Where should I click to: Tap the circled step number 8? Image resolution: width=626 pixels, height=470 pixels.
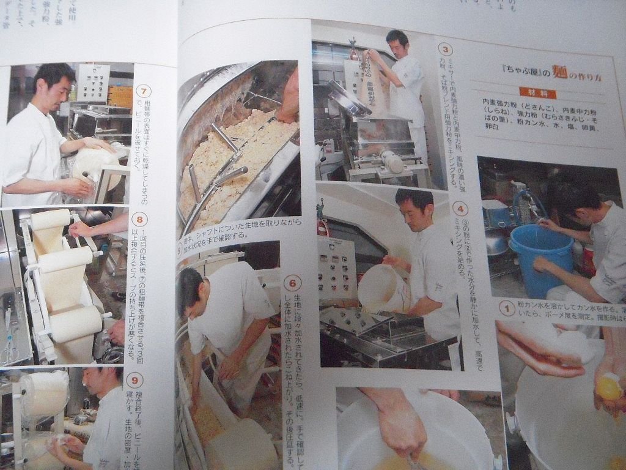[x=140, y=220]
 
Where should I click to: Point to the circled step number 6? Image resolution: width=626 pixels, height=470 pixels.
[x=293, y=283]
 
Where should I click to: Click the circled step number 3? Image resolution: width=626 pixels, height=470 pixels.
[x=447, y=50]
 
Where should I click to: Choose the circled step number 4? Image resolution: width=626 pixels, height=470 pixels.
[x=460, y=209]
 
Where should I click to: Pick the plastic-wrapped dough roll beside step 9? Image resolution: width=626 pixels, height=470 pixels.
[x=44, y=392]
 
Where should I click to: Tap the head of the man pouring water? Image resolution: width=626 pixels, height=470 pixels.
[x=414, y=208]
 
